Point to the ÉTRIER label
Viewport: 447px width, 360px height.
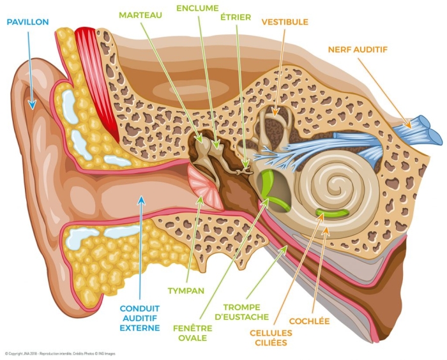coord(237,16)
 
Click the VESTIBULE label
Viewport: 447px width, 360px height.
coord(285,22)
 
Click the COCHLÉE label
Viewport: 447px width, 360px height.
coord(310,320)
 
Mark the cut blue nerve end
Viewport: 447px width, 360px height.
coord(428,130)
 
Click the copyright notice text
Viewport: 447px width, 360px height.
coord(64,353)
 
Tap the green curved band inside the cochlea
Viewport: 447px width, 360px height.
coord(333,213)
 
